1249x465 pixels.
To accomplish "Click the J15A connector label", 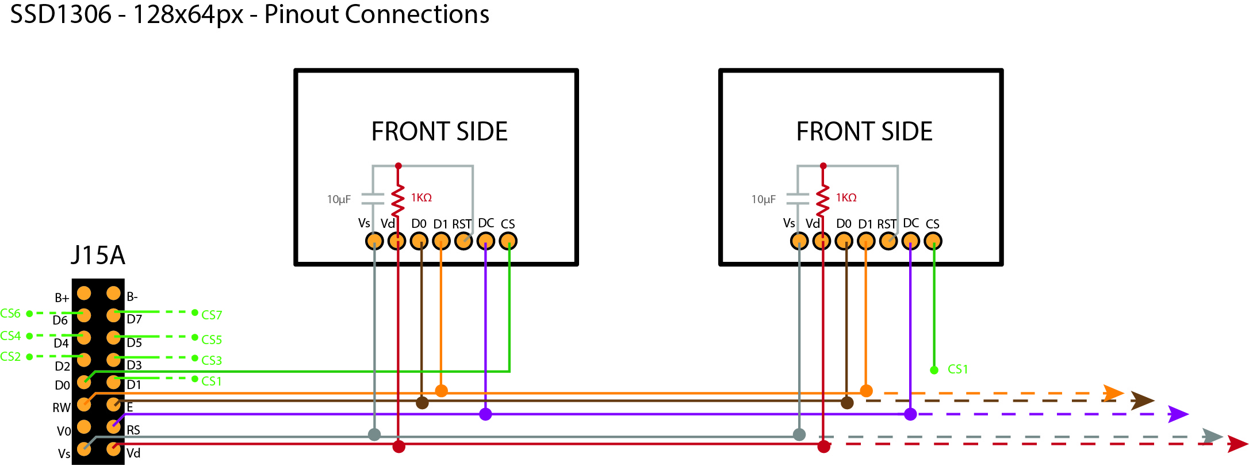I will (x=98, y=255).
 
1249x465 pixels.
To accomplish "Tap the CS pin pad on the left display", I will (x=508, y=241).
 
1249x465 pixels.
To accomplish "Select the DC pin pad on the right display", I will (x=910, y=241).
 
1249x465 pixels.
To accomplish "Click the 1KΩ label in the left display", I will (x=421, y=198).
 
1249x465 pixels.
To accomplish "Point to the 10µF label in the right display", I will (x=763, y=200).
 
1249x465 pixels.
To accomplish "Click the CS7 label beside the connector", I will (x=212, y=315).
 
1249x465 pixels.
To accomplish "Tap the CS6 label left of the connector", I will (x=10, y=314).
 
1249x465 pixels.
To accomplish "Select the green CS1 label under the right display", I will (x=957, y=369).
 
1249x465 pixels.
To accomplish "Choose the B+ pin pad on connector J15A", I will (x=84, y=294).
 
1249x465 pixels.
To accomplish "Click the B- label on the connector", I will (x=132, y=297).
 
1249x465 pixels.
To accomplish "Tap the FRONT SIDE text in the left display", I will (x=439, y=132).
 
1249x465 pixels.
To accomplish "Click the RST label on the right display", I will (x=887, y=224).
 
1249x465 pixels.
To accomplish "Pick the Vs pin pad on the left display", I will (x=374, y=241).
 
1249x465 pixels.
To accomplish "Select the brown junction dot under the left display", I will (x=422, y=402).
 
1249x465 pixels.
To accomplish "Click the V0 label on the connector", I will (x=64, y=431).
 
